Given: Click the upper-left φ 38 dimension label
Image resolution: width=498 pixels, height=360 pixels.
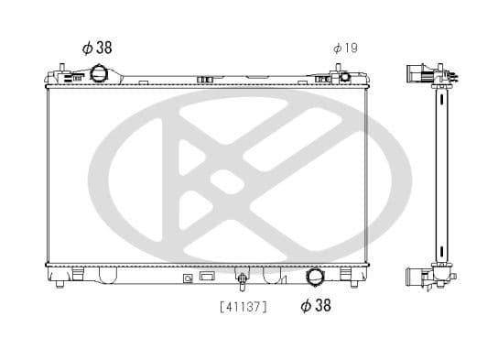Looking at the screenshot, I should [x=97, y=48].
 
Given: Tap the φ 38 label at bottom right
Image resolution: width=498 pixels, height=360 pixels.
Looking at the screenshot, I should [x=316, y=306].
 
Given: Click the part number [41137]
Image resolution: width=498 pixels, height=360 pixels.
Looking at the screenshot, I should [x=244, y=307].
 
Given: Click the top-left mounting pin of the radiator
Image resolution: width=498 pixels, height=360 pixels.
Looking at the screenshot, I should [x=60, y=70].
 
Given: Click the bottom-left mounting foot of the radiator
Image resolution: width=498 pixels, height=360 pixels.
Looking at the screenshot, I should [x=60, y=283].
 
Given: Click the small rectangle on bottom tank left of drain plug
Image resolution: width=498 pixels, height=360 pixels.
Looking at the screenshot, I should [x=207, y=275].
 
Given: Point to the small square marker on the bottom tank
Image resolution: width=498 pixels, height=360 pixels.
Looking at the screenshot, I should [x=189, y=276].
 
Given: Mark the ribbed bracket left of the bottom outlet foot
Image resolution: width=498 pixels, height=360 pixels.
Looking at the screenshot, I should [x=271, y=274].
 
